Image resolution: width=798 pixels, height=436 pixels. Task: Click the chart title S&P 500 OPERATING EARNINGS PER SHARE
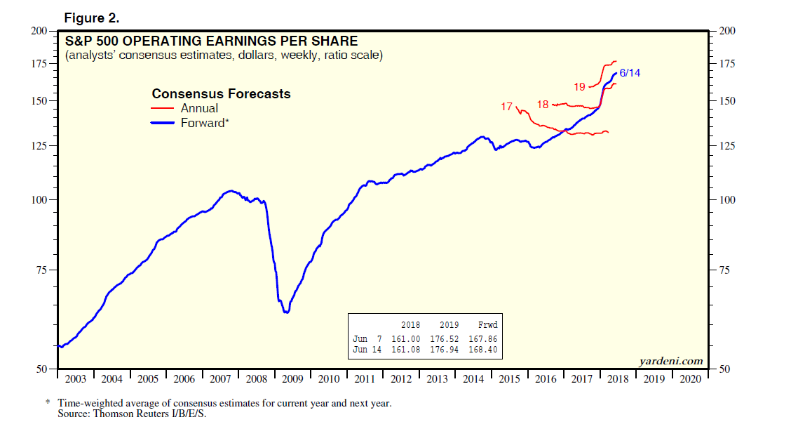(211, 41)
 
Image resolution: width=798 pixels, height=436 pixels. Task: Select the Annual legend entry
(199, 108)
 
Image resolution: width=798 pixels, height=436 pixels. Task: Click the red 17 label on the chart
(507, 107)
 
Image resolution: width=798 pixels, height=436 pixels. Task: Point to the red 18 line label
(543, 105)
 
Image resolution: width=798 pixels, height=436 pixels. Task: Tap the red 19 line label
(579, 87)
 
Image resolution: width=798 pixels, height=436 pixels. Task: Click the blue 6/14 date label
(630, 73)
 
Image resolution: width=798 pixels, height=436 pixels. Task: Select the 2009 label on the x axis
(292, 379)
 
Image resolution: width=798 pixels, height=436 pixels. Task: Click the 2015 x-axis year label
(510, 379)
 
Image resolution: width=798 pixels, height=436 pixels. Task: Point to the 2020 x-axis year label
(691, 379)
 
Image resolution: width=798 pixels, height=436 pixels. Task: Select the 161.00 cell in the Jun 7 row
(406, 338)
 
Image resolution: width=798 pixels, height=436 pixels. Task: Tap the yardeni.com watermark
(671, 361)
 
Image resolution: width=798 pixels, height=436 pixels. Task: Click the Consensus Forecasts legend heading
(221, 93)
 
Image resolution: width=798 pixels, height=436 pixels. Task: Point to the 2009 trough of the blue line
(285, 312)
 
